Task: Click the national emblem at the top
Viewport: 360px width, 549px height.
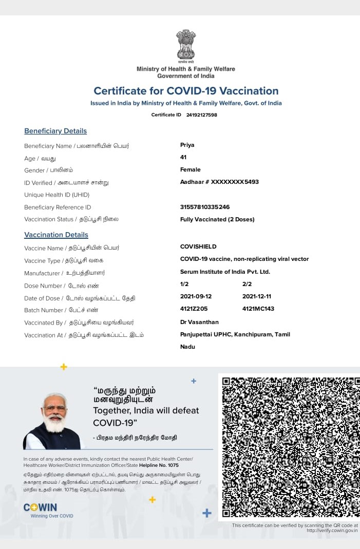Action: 186,45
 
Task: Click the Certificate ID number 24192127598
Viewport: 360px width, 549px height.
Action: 201,115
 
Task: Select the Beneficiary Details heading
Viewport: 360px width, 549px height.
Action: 55,131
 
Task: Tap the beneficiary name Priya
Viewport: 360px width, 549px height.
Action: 187,145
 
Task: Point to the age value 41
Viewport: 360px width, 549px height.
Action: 183,157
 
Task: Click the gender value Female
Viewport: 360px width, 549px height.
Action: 191,169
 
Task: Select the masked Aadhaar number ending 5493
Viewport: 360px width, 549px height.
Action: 219,182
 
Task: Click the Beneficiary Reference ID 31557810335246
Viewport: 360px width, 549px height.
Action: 205,207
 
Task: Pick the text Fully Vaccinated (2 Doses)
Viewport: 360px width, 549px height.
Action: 217,219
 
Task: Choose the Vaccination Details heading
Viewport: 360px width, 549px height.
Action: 56,235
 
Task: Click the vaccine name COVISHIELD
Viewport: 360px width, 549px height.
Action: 198,247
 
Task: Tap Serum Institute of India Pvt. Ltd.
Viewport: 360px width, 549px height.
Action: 225,272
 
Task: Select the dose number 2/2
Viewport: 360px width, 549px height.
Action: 247,284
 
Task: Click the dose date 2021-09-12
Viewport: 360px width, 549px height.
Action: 196,297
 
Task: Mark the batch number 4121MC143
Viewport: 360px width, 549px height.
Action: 258,309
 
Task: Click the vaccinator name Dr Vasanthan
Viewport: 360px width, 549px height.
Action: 199,322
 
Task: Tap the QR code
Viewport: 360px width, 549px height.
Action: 290,447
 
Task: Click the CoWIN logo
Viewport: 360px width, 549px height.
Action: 41,507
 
